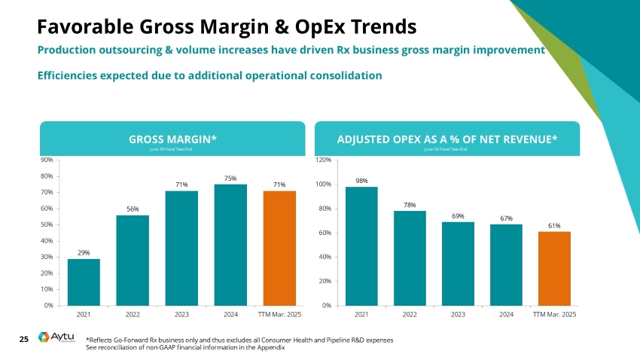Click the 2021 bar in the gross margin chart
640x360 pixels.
coord(84,282)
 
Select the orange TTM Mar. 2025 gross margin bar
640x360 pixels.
coord(279,248)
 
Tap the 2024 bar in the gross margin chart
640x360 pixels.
coord(230,244)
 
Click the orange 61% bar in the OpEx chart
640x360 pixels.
coord(554,268)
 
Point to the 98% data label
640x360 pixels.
coord(361,180)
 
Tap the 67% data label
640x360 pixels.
coord(506,218)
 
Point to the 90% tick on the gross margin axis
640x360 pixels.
coord(46,160)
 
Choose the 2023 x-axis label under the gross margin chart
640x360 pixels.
coord(181,313)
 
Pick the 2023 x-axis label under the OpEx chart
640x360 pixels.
coord(458,313)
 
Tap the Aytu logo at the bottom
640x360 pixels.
coord(57,340)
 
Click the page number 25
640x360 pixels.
coord(23,340)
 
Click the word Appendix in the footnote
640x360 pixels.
coord(270,347)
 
